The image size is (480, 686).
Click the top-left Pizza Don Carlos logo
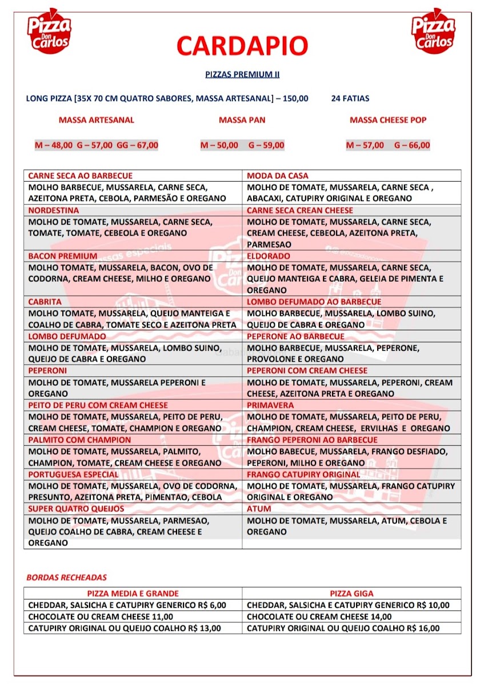coord(49,31)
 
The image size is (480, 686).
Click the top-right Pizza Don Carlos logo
coord(433,31)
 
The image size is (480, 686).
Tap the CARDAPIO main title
coord(242,46)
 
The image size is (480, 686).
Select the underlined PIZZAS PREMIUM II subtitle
coord(242,74)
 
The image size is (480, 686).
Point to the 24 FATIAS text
coord(350,98)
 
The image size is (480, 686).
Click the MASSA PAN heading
coord(242,120)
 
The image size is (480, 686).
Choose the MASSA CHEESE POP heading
coord(388,120)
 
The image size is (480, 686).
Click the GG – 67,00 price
coord(137,145)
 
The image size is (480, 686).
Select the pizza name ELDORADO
coord(269,256)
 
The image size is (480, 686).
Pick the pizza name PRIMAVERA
coord(270,405)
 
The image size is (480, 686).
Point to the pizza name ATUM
coord(259,509)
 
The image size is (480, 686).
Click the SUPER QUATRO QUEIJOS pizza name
coord(76,509)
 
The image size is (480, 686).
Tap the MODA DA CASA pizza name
coord(278,176)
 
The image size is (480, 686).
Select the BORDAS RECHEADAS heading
coord(66,577)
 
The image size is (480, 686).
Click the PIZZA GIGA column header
coord(351,593)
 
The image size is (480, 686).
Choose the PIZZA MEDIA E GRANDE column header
coord(133,593)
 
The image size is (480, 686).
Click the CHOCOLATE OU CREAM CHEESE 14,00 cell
coord(319,617)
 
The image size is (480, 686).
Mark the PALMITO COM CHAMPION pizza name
coord(79,440)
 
